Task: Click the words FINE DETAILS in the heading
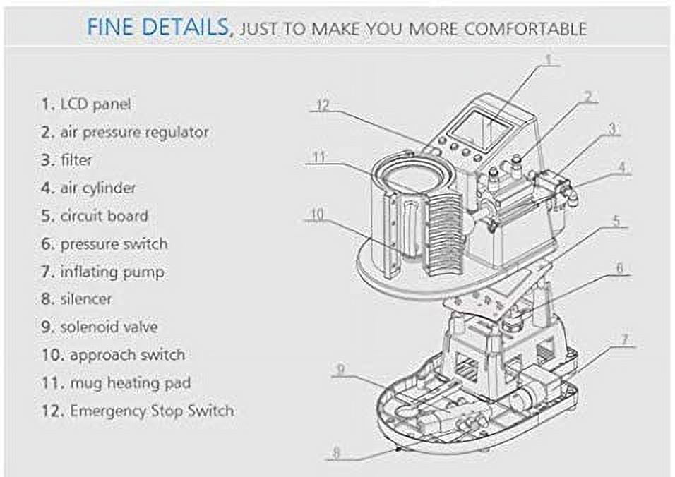158,27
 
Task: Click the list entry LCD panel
86,104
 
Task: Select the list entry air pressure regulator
125,133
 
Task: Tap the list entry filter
67,160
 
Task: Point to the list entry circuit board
95,216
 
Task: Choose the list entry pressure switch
104,244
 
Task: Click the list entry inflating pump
103,272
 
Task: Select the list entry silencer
77,299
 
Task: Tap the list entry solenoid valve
100,327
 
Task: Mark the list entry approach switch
114,355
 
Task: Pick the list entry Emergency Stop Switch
138,411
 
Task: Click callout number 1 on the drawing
549,59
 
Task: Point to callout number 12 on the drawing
323,105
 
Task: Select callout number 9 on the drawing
340,370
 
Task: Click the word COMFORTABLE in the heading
525,29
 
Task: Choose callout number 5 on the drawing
616,221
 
